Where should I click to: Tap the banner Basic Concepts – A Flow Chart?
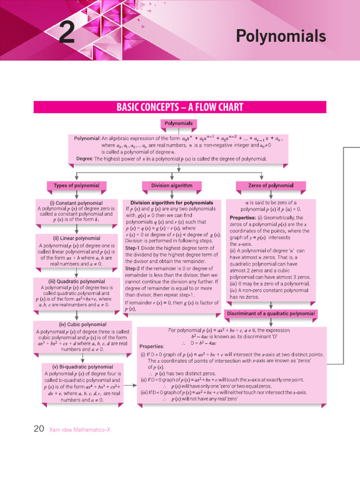pos(180,107)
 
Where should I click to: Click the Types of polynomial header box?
pos(76,186)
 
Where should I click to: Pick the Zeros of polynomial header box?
pos(270,186)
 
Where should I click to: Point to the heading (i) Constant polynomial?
pos(76,203)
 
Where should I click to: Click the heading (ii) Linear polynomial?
pos(76,238)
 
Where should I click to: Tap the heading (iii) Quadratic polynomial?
pos(76,281)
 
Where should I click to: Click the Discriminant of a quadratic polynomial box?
pos(271,313)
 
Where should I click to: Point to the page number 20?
pos(39,428)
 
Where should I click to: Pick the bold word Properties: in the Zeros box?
pos(242,218)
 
